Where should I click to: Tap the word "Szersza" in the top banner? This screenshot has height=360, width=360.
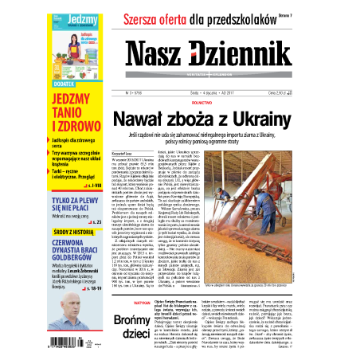[152, 12]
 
